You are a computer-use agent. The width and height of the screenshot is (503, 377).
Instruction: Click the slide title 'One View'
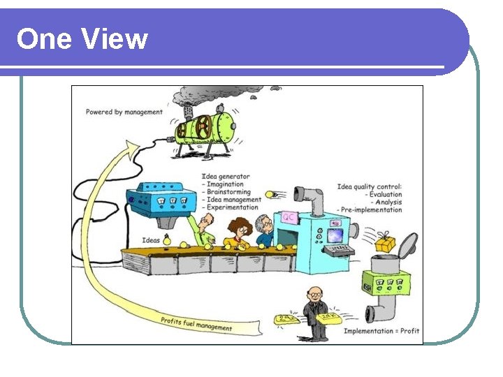pos(82,39)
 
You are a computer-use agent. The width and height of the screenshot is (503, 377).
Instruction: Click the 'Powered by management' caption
pos(124,112)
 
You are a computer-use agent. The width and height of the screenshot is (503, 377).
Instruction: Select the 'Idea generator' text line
pos(226,177)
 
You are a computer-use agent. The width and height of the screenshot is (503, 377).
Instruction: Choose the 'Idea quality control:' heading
pos(370,186)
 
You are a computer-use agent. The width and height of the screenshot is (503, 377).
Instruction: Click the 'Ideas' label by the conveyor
pos(151,240)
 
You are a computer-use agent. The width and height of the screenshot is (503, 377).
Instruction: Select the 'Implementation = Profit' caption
pos(381,331)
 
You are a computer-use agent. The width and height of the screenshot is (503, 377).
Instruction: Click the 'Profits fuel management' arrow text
pos(196,324)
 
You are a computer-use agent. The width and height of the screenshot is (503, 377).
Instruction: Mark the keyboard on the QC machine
pos(340,249)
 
